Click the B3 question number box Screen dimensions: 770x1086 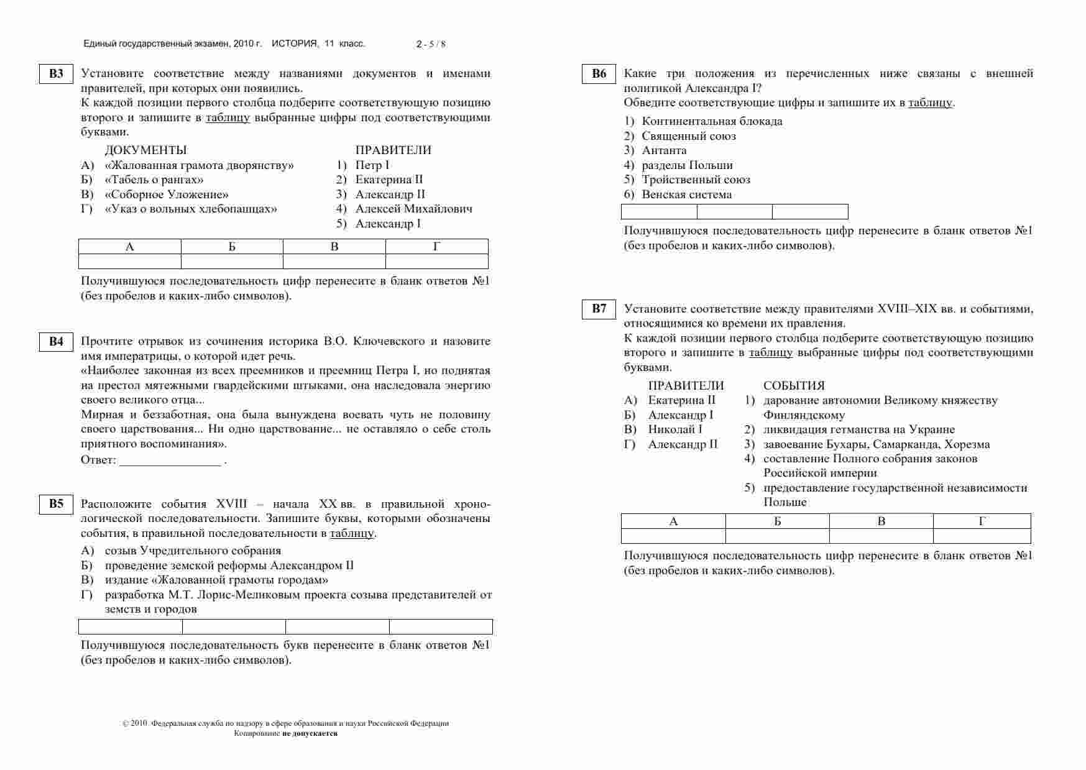pos(56,74)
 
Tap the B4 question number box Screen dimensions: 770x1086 pos(56,342)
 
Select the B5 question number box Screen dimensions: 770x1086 pos(56,504)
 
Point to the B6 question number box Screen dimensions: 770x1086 pos(599,74)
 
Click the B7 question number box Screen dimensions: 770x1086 pos(599,309)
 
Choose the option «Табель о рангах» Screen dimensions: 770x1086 pos(154,180)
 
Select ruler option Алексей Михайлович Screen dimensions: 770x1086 pos(413,209)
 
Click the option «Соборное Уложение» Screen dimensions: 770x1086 pos(167,195)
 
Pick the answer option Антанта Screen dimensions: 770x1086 pos(664,150)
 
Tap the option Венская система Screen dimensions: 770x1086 pos(686,195)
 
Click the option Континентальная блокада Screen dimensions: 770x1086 pos(712,121)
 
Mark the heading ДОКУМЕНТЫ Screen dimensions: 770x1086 pos(145,150)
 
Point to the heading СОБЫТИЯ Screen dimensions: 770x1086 pos(794,386)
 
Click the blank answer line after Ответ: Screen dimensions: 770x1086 pos(170,461)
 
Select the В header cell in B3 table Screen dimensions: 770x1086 pos(334,247)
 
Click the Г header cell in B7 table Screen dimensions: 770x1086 pos(982,521)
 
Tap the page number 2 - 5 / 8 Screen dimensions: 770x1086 pos(431,44)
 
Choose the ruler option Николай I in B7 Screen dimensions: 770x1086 pos(674,429)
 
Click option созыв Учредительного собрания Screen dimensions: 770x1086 pos(193,551)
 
